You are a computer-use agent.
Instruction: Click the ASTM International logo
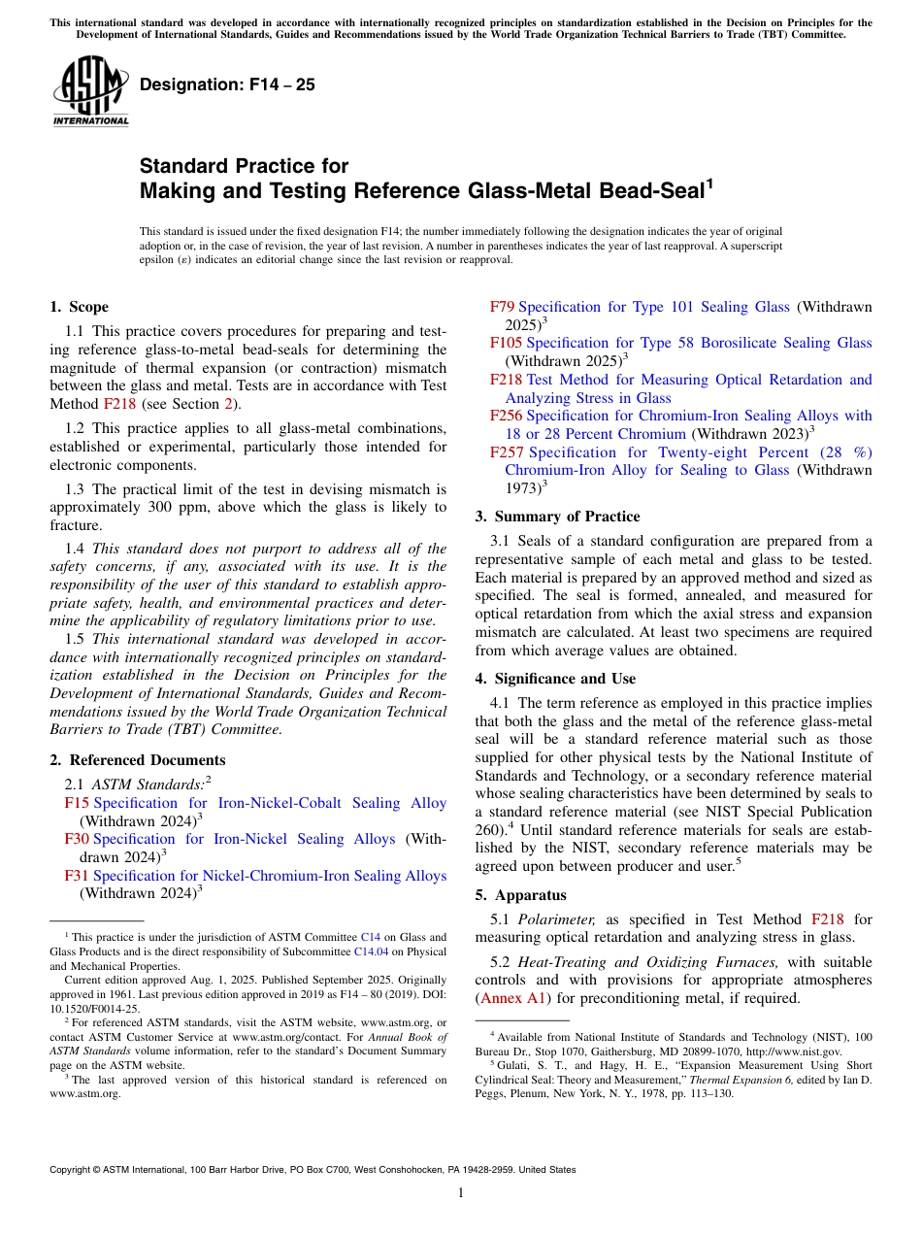(x=90, y=91)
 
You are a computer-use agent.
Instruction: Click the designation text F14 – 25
(x=227, y=84)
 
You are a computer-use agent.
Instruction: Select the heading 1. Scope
(x=79, y=307)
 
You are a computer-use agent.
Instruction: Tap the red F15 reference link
(x=77, y=803)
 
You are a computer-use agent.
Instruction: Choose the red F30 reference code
(x=77, y=839)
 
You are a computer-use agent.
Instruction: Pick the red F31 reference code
(x=77, y=876)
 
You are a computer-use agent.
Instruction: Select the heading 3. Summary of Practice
(x=557, y=516)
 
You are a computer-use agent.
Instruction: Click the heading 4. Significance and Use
(x=555, y=679)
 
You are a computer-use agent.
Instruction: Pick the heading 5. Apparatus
(x=520, y=895)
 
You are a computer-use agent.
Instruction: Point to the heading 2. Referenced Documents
(x=137, y=760)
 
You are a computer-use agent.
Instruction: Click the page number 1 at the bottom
(x=461, y=1193)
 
